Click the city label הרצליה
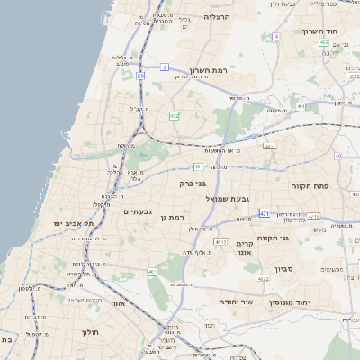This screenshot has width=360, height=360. tap(218, 17)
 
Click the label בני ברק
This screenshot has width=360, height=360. tap(193, 184)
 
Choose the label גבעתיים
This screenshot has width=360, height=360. tap(137, 211)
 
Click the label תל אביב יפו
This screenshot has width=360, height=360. tap(67, 222)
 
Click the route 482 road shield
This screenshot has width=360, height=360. tap(175, 115)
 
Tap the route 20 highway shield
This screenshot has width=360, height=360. tap(140, 76)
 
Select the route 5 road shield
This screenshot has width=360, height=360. tap(165, 67)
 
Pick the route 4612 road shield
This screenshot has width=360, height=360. tap(220, 242)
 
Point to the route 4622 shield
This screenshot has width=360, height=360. tap(264, 279)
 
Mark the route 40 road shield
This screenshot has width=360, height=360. tap(337, 156)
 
